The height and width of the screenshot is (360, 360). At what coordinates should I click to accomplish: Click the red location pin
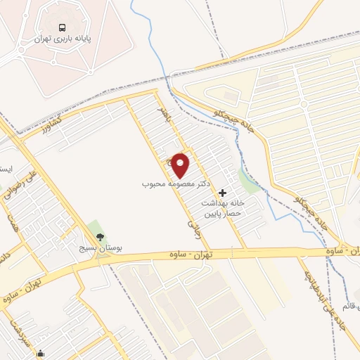[181, 165]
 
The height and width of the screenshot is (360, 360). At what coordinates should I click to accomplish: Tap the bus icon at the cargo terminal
[63, 28]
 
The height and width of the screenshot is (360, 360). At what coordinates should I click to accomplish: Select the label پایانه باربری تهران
[63, 40]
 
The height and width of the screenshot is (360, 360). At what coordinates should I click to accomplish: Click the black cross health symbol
[223, 192]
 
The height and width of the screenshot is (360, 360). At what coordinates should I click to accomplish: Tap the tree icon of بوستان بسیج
[99, 237]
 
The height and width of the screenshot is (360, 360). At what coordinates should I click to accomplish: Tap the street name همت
[12, 221]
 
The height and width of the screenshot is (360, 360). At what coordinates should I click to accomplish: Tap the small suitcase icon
[42, 354]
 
